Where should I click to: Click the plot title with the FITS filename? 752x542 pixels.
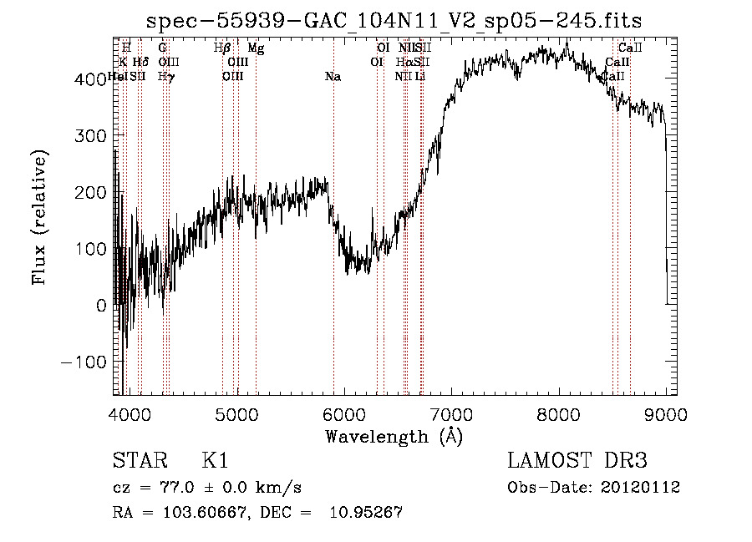coord(394,21)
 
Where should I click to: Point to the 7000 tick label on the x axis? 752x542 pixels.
coord(451,413)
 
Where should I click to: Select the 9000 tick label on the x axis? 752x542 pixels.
coord(666,413)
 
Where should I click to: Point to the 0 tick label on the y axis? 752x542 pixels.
coord(101,306)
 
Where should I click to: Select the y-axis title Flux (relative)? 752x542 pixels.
coord(40,217)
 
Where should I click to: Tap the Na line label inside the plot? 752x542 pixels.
coord(333,77)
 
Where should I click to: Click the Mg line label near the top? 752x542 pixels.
coord(256,48)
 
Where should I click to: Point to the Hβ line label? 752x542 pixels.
coord(222,48)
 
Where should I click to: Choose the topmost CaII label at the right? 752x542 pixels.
coord(629,48)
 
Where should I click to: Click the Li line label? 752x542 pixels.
coord(420,77)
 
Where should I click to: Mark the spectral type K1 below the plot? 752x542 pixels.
coord(215,461)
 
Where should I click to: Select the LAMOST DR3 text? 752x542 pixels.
coord(577,461)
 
